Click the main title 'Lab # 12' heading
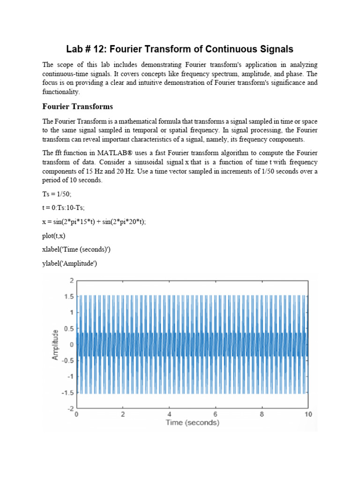point(180,49)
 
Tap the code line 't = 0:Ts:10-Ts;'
point(63,208)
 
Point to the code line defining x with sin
point(94,222)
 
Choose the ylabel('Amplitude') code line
point(69,264)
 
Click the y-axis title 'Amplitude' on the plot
point(55,345)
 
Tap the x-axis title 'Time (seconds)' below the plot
point(192,423)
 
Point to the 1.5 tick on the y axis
point(69,296)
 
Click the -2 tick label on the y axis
point(70,408)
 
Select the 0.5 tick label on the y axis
point(69,328)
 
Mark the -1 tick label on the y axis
point(70,376)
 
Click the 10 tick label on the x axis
point(307,414)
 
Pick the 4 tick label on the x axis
point(169,414)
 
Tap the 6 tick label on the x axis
point(215,414)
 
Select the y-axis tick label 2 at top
point(71,280)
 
